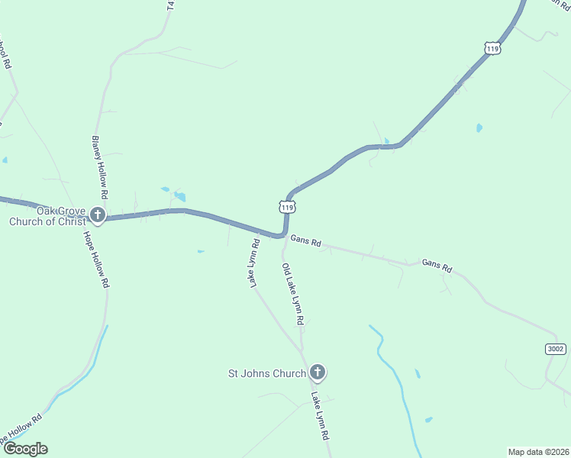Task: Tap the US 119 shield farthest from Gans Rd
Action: pyautogui.click(x=492, y=48)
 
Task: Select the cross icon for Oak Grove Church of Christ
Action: pyautogui.click(x=97, y=214)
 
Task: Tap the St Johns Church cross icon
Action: pyautogui.click(x=318, y=373)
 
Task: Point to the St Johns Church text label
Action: pyautogui.click(x=267, y=373)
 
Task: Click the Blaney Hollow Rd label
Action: pyautogui.click(x=100, y=163)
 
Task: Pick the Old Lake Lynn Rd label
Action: pyautogui.click(x=293, y=294)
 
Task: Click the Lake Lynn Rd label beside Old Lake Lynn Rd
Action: pyautogui.click(x=255, y=263)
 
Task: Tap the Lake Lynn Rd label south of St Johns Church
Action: pyautogui.click(x=319, y=416)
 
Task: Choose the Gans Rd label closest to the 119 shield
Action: pyautogui.click(x=305, y=242)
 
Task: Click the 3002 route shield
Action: pyautogui.click(x=556, y=349)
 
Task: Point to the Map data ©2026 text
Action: pyautogui.click(x=538, y=452)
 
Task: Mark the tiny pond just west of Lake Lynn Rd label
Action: pyautogui.click(x=201, y=251)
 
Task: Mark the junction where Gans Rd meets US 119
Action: pyautogui.click(x=284, y=235)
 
